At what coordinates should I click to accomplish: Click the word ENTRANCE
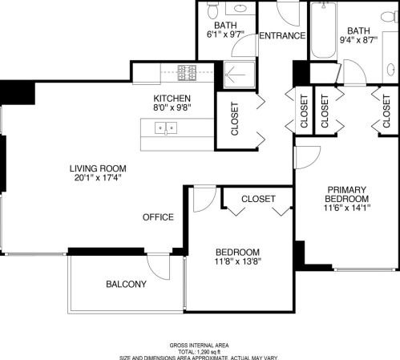tap(282, 36)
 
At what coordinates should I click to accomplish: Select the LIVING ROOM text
tap(98, 168)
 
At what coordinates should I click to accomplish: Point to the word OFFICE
tap(158, 217)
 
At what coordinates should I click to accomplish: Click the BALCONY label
tap(127, 285)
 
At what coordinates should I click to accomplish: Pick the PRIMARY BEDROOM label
tap(347, 194)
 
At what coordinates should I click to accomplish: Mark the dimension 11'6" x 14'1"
tap(347, 208)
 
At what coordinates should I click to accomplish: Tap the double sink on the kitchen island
tap(165, 127)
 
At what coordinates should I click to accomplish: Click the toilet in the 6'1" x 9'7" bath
tap(212, 11)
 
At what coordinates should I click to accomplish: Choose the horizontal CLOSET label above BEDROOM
tap(258, 198)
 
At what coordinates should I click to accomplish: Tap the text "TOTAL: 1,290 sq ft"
tap(199, 351)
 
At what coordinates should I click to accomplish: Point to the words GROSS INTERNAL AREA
tap(199, 345)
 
